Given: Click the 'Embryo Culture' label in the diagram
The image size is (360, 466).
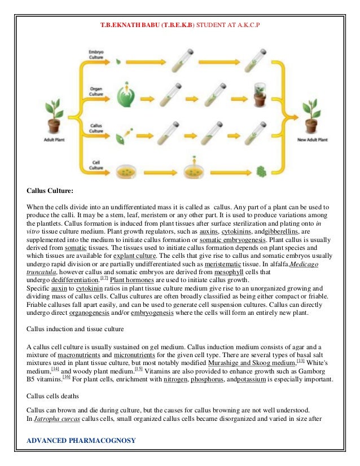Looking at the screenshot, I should pyautogui.click(x=95, y=55).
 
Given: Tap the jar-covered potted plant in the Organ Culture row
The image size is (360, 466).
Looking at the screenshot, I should pyautogui.click(x=260, y=95).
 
